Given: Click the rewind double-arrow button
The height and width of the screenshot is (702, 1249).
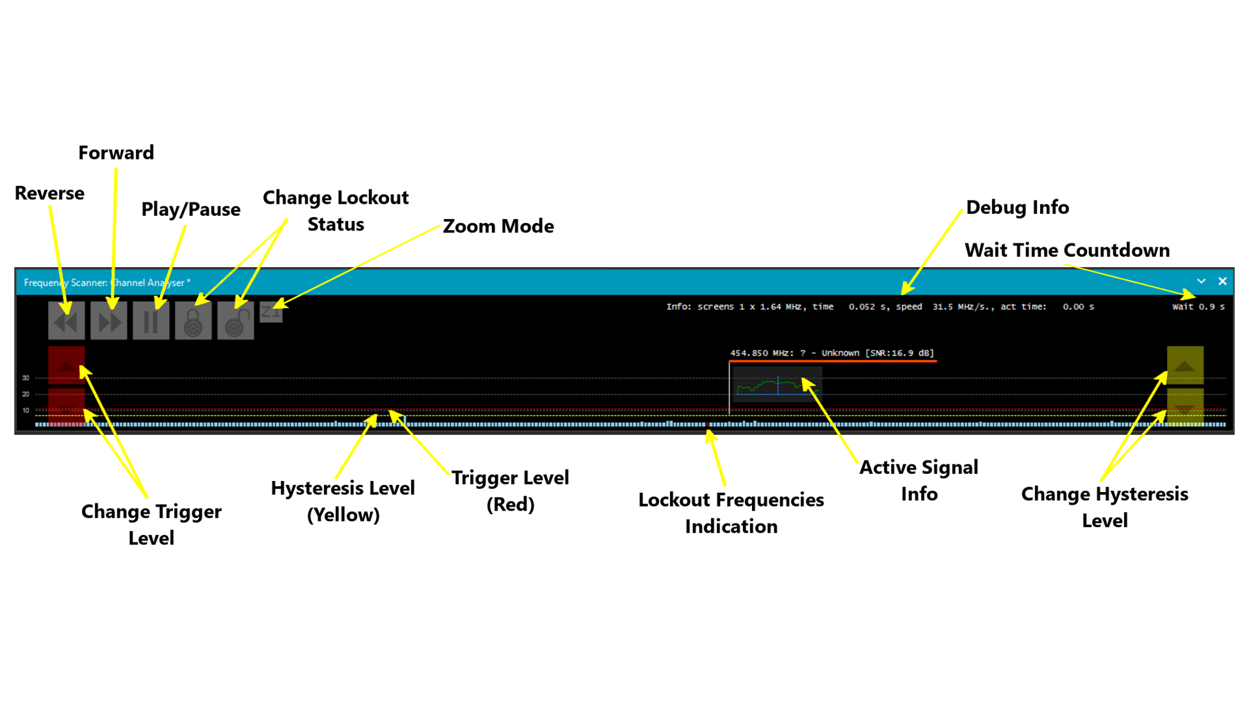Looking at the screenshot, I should coord(66,321).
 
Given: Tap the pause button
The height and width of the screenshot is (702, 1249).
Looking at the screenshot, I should coord(151,321).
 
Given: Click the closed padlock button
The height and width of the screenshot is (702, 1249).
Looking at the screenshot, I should coord(193,321).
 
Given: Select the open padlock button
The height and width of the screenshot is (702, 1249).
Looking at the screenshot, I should coord(235,321).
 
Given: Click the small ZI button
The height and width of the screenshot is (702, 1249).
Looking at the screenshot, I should coord(270,312).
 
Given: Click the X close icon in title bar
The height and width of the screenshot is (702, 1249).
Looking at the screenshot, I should coord(1222,281).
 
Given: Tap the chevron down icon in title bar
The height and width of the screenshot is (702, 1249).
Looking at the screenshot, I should coord(1201,281).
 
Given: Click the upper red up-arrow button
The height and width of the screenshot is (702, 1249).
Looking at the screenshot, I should coord(66,365).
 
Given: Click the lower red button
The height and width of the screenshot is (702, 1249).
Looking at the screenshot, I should coord(66,406).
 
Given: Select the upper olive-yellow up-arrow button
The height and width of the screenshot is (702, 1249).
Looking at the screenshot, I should coord(1184,365).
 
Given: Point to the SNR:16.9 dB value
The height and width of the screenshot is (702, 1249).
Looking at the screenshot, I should coord(899,353).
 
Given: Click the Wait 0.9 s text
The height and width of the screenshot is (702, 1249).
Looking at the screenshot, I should coord(1198,307).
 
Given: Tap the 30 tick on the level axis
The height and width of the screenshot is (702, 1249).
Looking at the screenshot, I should coord(26,378).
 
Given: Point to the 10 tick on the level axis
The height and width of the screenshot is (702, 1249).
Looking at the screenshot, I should coord(26,411).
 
